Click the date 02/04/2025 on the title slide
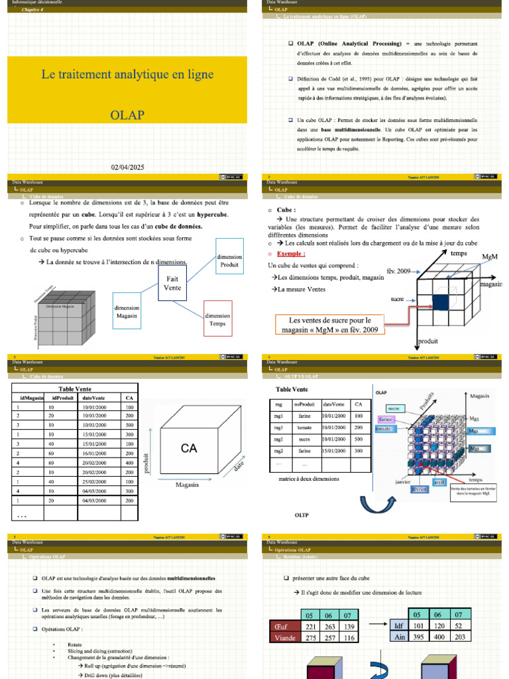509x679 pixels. point(127,168)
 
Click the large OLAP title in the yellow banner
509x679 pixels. point(127,115)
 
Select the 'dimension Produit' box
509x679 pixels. point(229,260)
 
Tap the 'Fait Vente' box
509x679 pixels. point(172,283)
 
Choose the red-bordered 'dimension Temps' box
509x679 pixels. point(217,320)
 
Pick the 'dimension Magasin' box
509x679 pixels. point(127,312)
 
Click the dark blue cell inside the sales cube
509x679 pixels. point(441,301)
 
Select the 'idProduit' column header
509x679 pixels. point(59,398)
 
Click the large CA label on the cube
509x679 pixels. point(189,449)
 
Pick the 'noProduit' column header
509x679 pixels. point(305,404)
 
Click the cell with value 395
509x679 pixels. point(416,637)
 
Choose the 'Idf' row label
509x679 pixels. point(398,625)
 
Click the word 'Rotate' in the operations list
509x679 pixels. point(74,644)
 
